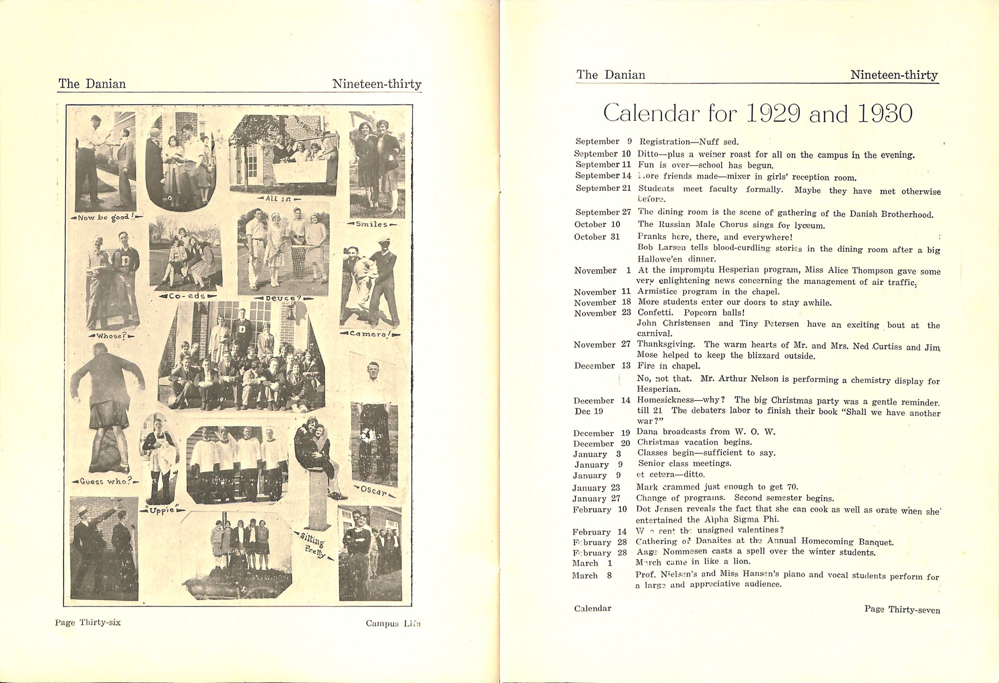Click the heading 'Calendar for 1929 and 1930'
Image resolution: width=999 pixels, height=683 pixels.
coord(757,114)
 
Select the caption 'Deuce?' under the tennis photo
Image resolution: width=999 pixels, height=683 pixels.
coord(283,298)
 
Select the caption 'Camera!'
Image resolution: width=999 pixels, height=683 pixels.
coord(370,333)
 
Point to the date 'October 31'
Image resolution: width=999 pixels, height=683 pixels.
coord(597,237)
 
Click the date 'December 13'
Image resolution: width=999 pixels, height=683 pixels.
coord(602,366)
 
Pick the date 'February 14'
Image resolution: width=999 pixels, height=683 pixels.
coord(599,532)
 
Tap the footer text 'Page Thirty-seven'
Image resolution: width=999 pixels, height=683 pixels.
coord(902,610)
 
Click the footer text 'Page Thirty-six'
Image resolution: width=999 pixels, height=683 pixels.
coord(88,623)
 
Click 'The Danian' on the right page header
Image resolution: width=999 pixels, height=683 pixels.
coord(610,75)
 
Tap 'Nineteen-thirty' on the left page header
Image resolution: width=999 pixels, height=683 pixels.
coord(377,84)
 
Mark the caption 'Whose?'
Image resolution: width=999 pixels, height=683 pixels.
coord(111,336)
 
